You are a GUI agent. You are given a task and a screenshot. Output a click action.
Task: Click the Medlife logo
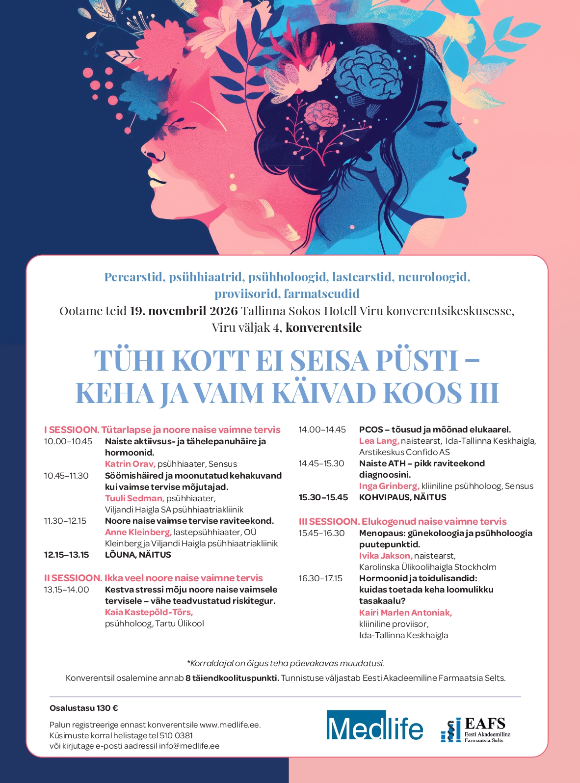coord(374,726)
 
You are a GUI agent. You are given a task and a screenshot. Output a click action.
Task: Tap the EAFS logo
coord(475,729)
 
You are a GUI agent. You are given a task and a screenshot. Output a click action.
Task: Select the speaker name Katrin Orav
coord(130,464)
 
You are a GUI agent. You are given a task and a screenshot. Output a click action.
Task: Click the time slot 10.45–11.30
coord(66,476)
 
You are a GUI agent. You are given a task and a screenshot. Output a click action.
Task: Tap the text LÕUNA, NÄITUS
coord(138,555)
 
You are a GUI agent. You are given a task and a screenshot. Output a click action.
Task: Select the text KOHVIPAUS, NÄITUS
coord(402,497)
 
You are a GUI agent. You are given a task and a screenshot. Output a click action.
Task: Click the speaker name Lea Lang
coord(379,441)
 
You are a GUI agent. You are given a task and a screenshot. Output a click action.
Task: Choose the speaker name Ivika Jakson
coord(386,556)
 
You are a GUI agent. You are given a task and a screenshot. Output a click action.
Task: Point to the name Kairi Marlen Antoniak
coord(405,613)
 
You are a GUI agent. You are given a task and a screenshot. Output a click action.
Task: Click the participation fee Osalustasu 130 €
coord(84,708)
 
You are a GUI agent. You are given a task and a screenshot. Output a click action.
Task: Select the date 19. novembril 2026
coord(184,311)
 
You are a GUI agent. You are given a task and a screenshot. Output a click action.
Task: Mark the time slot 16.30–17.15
coord(320,578)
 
